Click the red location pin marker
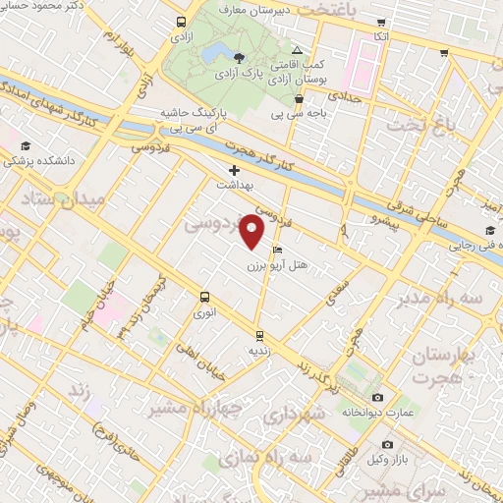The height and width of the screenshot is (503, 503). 253,232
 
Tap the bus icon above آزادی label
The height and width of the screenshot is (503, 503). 180,22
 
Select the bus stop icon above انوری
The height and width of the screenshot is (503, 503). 204,297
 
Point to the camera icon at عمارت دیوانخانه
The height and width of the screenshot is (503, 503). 377,397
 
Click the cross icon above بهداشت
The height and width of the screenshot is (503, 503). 234,170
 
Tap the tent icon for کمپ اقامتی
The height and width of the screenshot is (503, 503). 298,49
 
